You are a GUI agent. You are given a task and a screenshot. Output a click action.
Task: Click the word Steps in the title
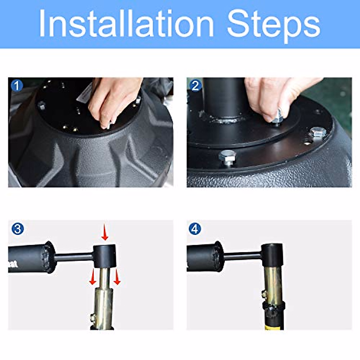point(274,25)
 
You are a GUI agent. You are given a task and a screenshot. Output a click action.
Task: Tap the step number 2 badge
point(195,86)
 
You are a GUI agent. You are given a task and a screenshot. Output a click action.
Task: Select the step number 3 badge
point(18,229)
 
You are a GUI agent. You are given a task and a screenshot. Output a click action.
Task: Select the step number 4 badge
point(195,229)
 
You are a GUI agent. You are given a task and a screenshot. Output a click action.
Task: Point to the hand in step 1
point(113,101)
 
